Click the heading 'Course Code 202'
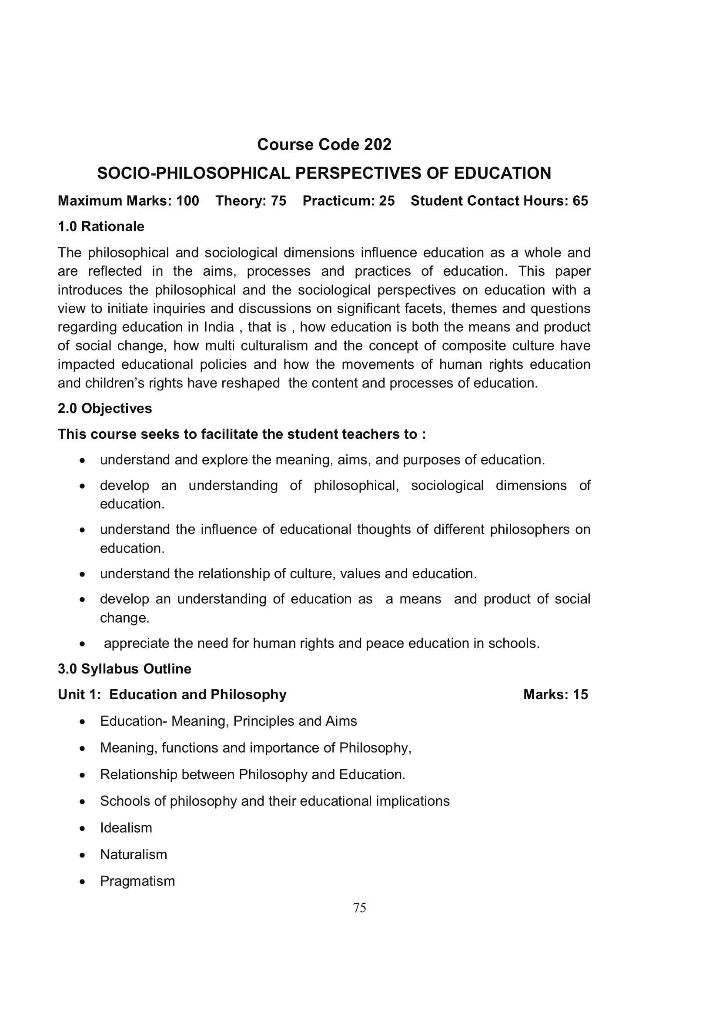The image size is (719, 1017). pos(324,144)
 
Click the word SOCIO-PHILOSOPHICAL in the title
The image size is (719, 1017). pos(194,173)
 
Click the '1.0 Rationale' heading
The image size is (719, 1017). pos(101,227)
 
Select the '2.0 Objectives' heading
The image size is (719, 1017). pos(104,408)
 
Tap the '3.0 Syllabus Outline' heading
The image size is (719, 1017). pos(124,668)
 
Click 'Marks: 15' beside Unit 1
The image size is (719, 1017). pos(555,694)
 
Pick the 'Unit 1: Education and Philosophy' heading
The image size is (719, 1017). pos(172,694)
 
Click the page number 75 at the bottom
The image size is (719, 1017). pos(360,907)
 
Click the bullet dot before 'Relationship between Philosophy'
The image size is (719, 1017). pos(82,775)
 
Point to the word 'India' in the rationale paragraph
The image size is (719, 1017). pos(219,327)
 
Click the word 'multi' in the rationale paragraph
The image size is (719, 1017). pos(220,346)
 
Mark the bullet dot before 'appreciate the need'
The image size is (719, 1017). pos(82,644)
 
